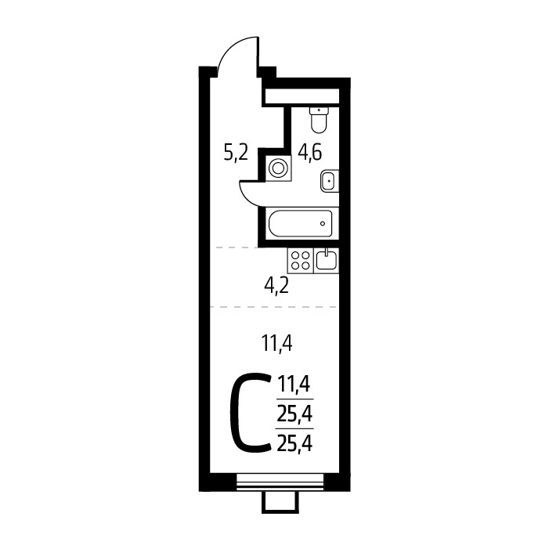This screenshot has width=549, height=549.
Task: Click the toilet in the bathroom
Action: (x=319, y=120)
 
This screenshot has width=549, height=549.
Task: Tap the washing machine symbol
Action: (x=278, y=168)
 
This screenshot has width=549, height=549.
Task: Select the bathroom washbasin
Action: (x=330, y=181)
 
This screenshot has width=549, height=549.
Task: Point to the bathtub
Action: (x=300, y=223)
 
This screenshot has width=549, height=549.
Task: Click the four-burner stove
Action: (x=301, y=260)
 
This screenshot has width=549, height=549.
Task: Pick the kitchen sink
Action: (x=327, y=260)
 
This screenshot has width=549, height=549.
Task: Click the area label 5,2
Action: (x=236, y=154)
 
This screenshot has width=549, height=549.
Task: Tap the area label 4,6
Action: (x=309, y=154)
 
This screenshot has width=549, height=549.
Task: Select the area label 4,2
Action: (x=276, y=287)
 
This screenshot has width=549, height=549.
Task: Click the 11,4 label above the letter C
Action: (x=276, y=343)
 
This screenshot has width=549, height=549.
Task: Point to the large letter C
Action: (x=250, y=413)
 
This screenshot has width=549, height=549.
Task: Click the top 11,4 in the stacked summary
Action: (x=294, y=384)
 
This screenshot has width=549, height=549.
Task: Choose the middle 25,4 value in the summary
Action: (x=294, y=414)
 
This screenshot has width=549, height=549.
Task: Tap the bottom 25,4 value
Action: (x=294, y=443)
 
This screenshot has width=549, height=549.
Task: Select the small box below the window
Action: (x=280, y=502)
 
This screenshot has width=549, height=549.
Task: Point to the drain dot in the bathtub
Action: (x=323, y=223)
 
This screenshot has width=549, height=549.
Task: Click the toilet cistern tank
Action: (x=319, y=110)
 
